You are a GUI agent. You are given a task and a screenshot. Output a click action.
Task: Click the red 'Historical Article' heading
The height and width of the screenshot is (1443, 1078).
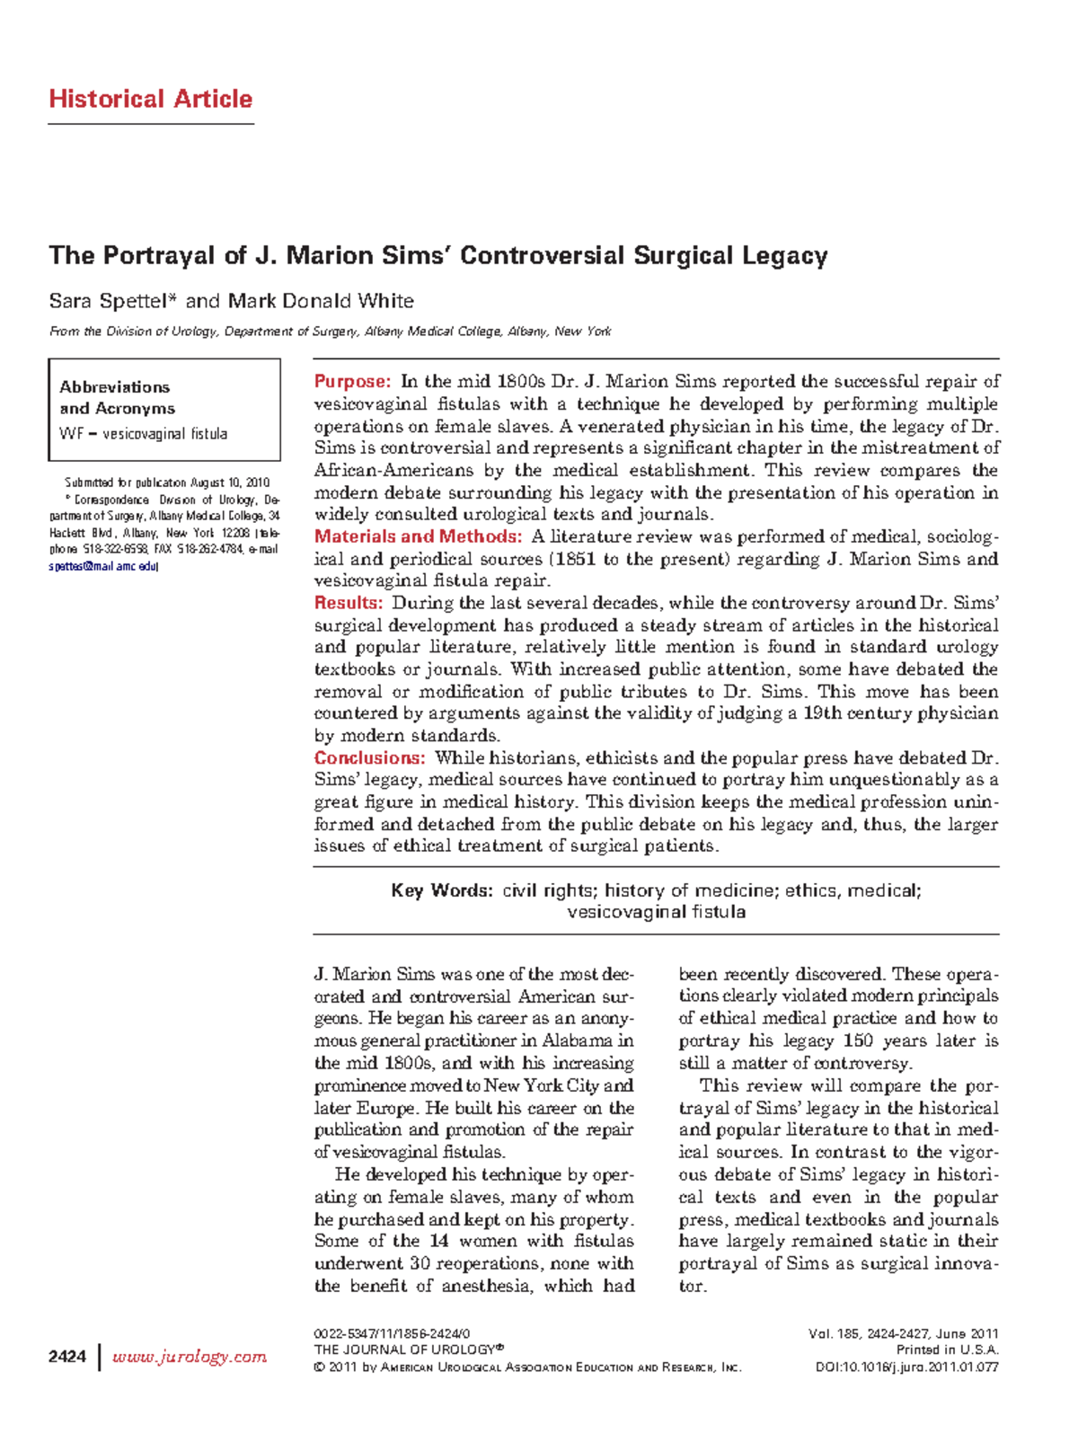point(150,99)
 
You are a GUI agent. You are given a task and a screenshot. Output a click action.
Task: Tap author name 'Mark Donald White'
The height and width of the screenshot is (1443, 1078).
point(321,301)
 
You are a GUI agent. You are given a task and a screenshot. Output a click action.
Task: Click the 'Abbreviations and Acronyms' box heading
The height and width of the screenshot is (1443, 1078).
point(116,397)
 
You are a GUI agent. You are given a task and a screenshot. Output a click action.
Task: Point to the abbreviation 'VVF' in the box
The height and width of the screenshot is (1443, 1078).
point(71,434)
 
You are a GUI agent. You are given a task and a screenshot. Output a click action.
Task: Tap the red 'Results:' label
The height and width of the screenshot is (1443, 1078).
point(349,603)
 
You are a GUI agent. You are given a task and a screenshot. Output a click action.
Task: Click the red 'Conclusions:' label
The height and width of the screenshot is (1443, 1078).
point(369,757)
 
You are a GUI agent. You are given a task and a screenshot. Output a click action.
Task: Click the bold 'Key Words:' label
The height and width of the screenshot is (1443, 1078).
point(441,890)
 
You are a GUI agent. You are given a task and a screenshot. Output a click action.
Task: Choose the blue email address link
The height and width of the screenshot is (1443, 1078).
point(102,567)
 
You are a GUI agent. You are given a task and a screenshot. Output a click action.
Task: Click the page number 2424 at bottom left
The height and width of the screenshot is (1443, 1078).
point(67,1356)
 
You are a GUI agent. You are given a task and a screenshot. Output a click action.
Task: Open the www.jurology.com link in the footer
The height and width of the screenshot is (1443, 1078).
point(189,1356)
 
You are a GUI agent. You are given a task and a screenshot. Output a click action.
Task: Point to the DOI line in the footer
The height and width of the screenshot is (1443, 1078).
point(906,1368)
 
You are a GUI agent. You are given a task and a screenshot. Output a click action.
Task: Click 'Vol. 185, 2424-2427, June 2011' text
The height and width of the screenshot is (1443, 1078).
point(903,1334)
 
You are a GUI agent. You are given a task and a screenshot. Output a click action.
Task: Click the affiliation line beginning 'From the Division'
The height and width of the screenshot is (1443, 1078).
point(330,332)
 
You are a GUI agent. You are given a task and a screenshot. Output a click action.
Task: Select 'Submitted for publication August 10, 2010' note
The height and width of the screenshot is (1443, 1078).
point(167,482)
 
